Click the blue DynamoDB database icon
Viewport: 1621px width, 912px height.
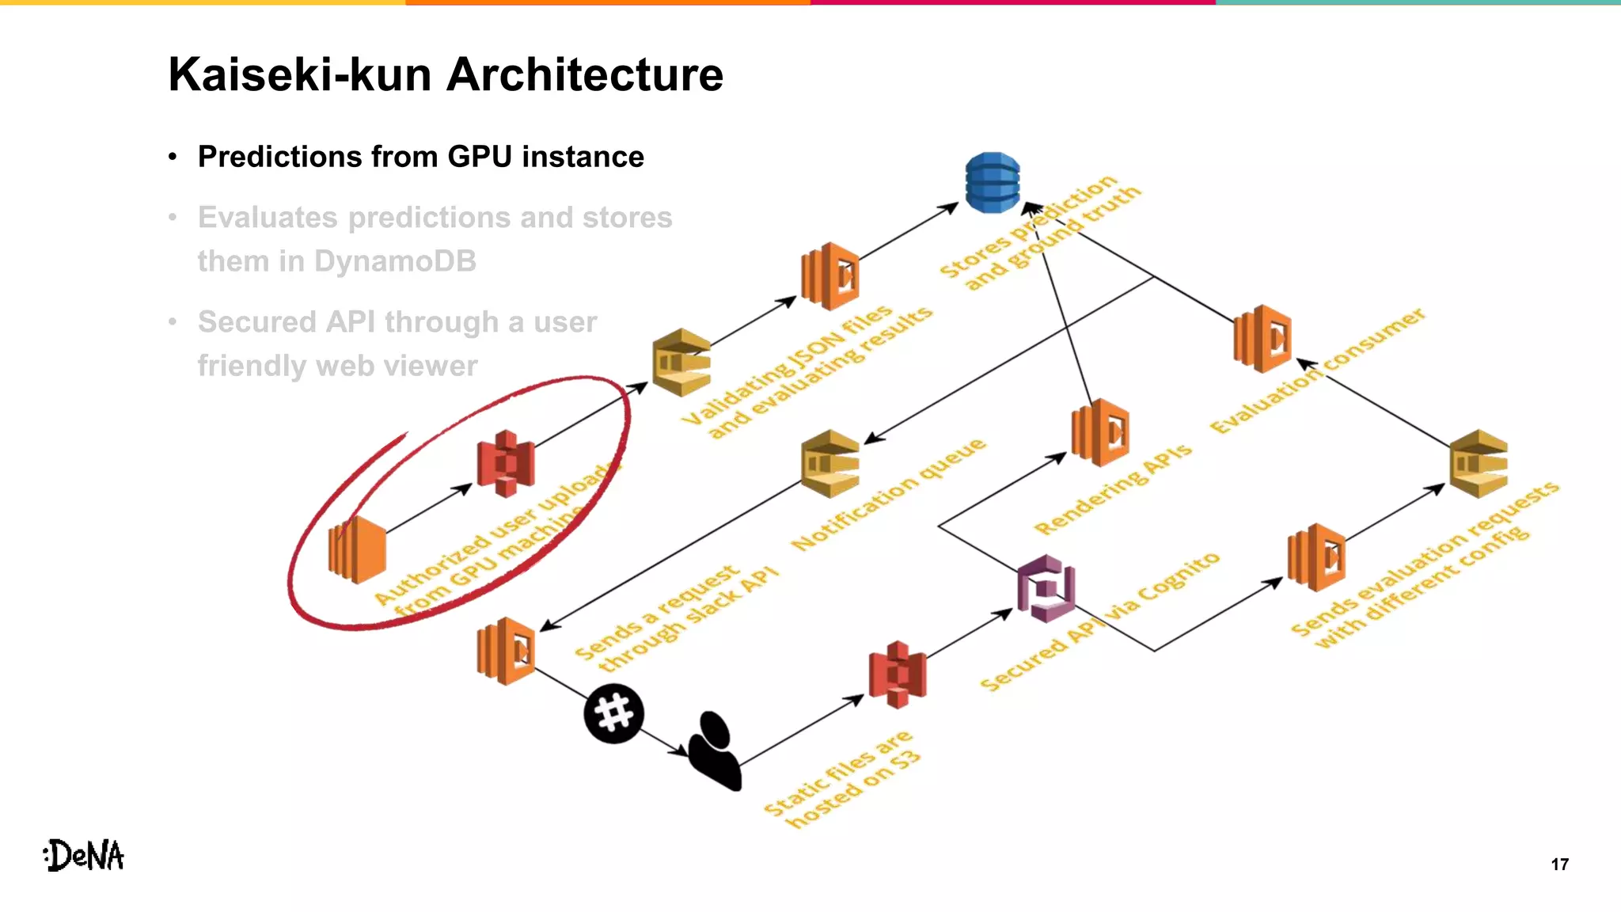coord(993,183)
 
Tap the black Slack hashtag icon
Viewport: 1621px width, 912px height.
coord(613,713)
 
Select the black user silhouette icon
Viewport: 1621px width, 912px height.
coord(715,750)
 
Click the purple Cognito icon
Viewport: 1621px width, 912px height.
coord(1046,588)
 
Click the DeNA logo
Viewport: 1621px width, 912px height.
coord(84,856)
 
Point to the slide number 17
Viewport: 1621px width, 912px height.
coord(1559,864)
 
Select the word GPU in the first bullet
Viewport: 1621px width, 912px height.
coord(480,157)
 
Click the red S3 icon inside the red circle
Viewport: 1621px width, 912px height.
coord(506,463)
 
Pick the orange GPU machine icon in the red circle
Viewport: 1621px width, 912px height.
coord(357,549)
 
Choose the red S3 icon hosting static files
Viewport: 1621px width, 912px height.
coord(897,674)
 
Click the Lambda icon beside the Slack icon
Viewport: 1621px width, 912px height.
coord(506,651)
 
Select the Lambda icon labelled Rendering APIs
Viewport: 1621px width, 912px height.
coord(1100,433)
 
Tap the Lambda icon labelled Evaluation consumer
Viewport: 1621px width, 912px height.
coord(1262,338)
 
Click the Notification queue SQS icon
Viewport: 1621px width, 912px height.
coord(830,463)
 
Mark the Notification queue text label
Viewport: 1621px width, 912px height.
coord(889,495)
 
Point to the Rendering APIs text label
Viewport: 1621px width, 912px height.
coord(1112,489)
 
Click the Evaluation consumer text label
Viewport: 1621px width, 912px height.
coord(1318,371)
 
